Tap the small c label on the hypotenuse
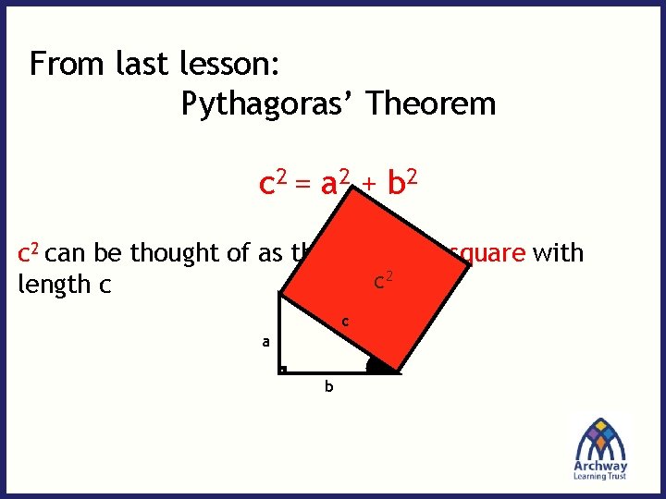(x=344, y=323)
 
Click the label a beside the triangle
(x=265, y=342)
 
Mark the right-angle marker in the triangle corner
(x=283, y=370)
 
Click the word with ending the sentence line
(x=558, y=252)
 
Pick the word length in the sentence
(x=52, y=285)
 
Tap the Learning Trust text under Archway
(x=600, y=477)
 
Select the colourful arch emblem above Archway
(x=601, y=437)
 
